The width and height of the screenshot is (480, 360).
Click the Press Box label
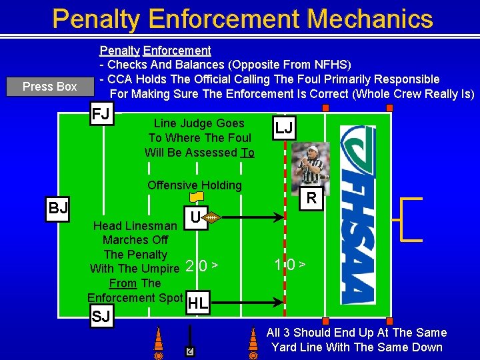coord(49,87)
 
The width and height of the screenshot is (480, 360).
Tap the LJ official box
coord(284,128)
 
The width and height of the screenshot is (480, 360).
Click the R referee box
coord(311,198)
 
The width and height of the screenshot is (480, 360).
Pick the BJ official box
coord(58,208)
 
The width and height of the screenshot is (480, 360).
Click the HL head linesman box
coord(197,304)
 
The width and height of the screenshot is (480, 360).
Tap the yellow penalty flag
coord(196,197)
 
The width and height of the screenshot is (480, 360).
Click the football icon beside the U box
coord(211,217)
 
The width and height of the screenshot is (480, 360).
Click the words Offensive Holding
coord(194,185)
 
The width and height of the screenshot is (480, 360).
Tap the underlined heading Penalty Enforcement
coord(155,50)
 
